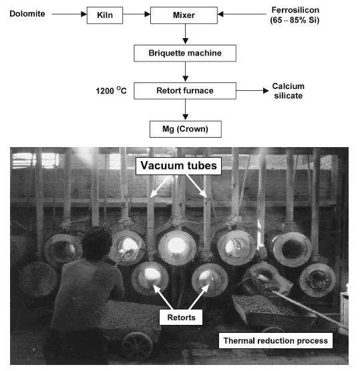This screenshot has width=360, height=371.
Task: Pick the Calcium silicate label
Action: pyautogui.click(x=288, y=92)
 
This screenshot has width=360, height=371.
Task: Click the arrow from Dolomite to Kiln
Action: pyautogui.click(x=67, y=14)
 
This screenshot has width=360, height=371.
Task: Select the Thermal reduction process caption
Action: pyautogui.click(x=276, y=341)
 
